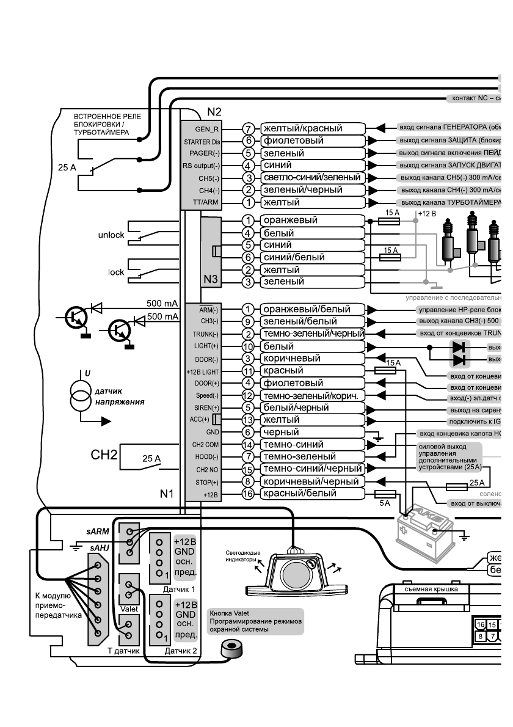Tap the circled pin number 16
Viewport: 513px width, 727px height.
pos(247,494)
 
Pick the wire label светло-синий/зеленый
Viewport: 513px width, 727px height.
pos(312,177)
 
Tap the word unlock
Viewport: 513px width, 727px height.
pos(111,235)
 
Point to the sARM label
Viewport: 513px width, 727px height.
pos(98,532)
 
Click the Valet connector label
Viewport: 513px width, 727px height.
pos(128,608)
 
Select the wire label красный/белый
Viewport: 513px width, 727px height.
pos(297,494)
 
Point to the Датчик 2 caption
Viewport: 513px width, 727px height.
pos(180,651)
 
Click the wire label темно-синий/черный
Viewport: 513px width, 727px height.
pos(311,469)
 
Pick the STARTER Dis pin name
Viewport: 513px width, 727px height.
pos(201,141)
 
